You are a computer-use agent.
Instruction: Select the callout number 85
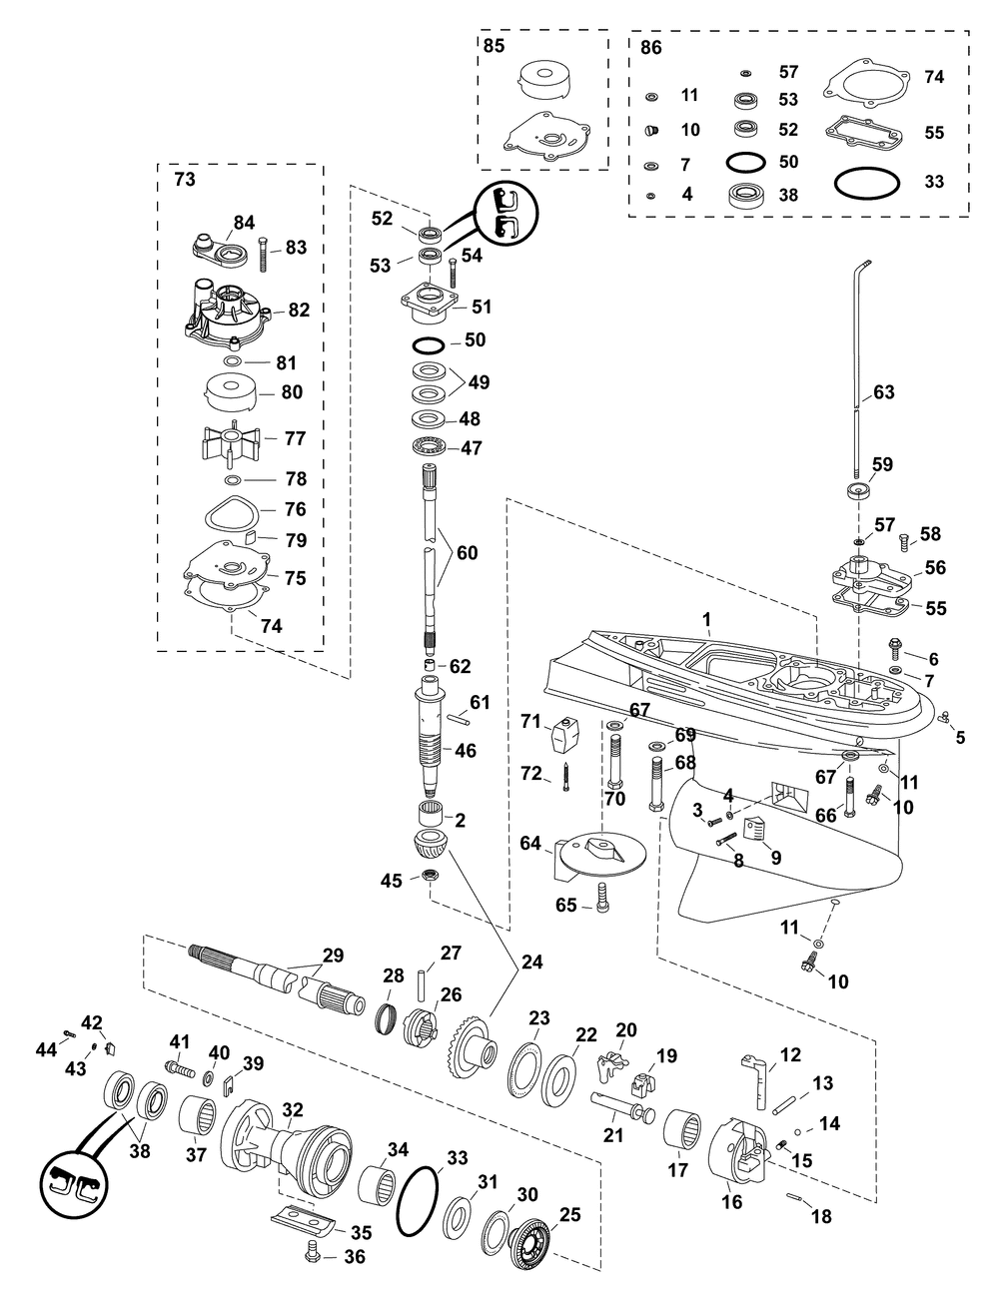pos(495,46)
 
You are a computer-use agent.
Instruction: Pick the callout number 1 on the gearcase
pos(705,620)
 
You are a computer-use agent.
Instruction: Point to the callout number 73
pos(186,180)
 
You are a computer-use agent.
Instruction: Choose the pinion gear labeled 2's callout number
pos(460,821)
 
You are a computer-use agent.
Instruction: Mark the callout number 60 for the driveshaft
pos(467,551)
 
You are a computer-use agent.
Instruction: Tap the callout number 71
pos(530,721)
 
